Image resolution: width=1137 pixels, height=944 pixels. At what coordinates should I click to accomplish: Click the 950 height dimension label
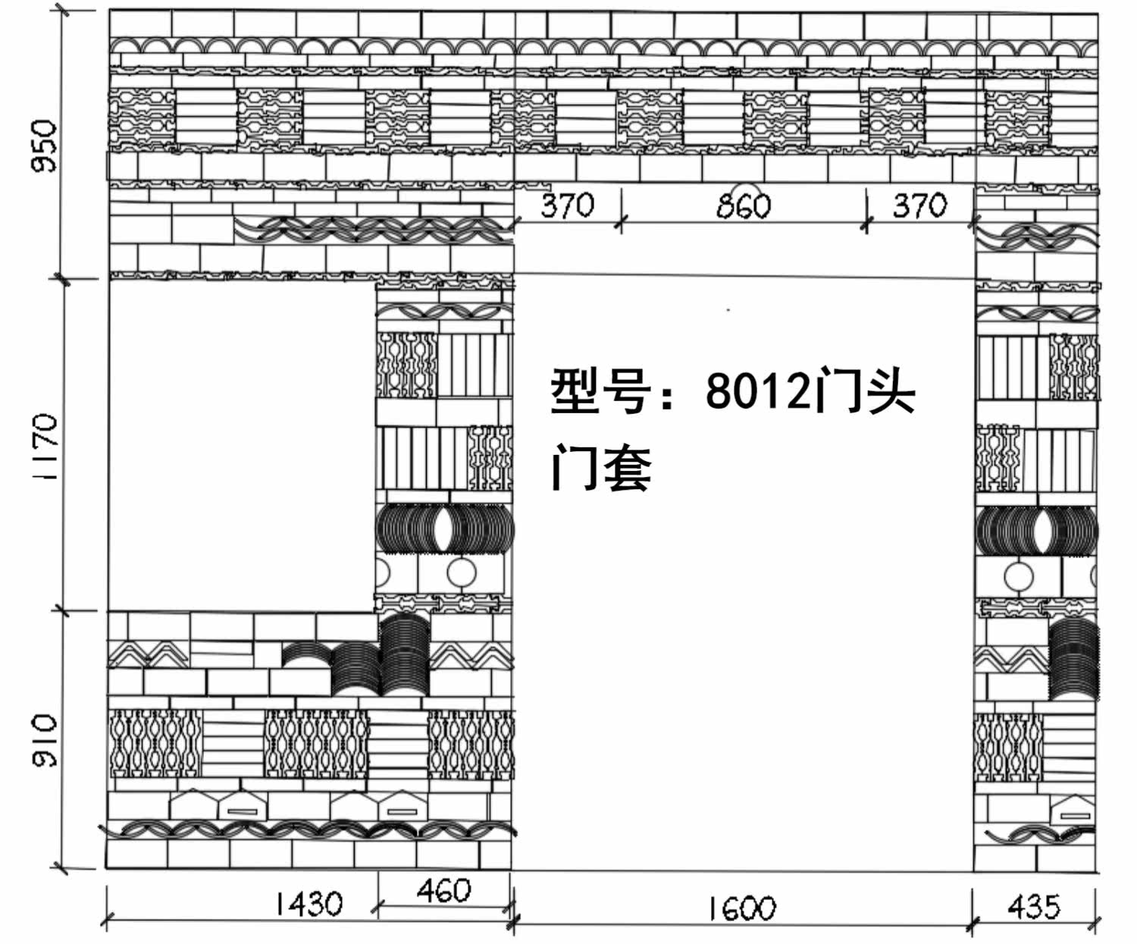tap(45, 146)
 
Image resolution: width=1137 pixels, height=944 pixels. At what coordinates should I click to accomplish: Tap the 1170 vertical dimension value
tap(45, 447)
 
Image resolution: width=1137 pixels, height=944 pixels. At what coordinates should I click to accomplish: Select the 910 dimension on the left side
tap(45, 740)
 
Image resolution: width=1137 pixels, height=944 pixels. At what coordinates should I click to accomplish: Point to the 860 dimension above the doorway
tap(744, 205)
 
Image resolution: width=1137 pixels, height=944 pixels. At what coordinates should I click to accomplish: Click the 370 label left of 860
tap(568, 205)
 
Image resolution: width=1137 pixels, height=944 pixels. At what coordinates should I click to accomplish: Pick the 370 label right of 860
tap(919, 205)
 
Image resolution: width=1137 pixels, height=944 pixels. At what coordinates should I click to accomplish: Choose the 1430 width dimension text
tap(308, 903)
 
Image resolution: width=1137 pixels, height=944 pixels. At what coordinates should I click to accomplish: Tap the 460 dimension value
tap(443, 890)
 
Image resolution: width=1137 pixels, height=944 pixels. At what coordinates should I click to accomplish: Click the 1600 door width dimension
tap(742, 908)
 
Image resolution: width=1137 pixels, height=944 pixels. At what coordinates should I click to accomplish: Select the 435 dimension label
tap(1034, 905)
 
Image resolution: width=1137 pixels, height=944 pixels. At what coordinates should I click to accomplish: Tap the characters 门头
tap(864, 393)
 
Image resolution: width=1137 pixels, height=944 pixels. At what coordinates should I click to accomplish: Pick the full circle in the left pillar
tap(461, 574)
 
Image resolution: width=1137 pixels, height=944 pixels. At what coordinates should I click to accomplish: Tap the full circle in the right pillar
tap(1018, 577)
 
